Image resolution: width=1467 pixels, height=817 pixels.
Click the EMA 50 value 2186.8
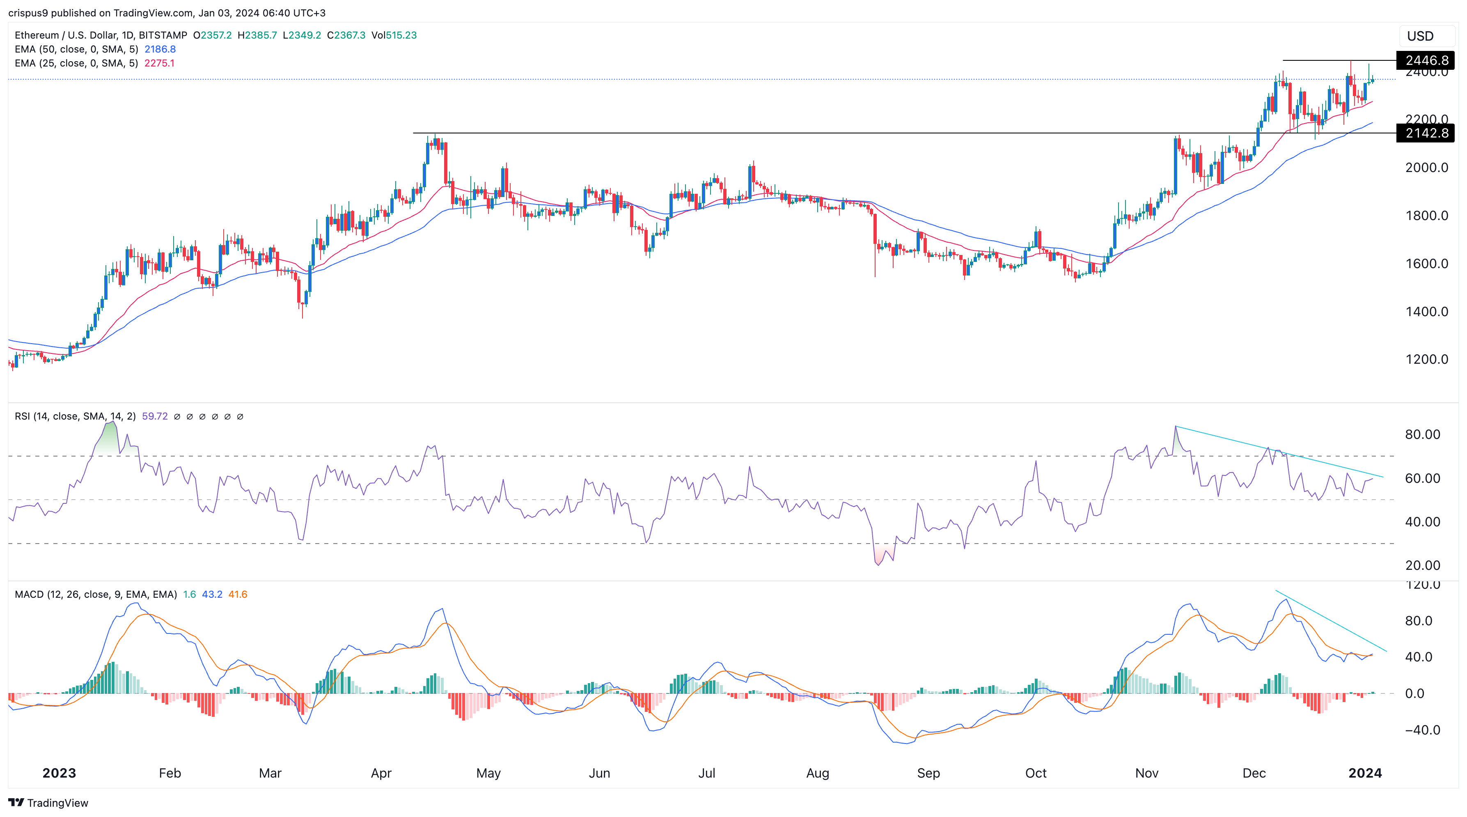160,49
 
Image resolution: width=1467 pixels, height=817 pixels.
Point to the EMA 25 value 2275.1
159,63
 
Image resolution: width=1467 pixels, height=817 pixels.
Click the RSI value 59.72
154,416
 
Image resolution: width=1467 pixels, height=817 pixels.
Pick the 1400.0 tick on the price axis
1426,312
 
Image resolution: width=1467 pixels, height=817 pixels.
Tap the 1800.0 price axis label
1426,216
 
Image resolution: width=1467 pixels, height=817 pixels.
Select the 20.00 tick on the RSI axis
1422,565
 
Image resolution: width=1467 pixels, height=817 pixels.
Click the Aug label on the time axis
817,773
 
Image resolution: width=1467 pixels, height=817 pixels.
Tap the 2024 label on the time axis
1364,773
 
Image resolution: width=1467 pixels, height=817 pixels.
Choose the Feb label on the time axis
170,773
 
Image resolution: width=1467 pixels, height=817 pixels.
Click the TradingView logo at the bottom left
48,803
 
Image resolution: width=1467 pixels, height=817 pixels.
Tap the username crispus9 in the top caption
28,13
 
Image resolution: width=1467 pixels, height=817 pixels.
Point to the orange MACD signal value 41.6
238,594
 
